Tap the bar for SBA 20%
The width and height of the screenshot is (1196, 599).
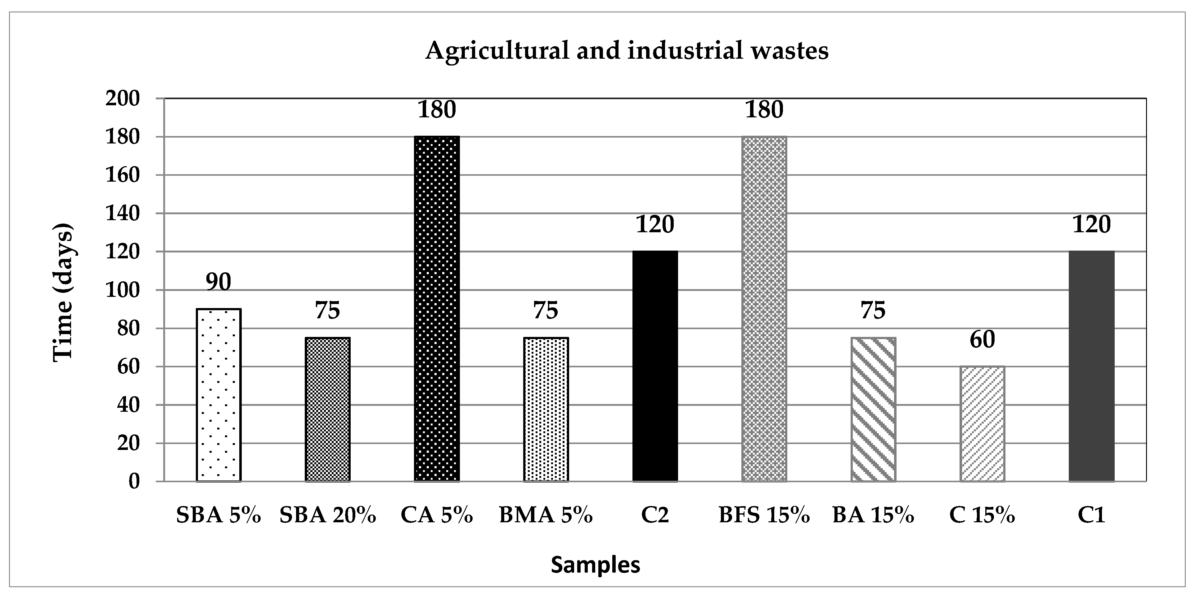(328, 409)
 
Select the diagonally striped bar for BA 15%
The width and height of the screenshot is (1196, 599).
(873, 409)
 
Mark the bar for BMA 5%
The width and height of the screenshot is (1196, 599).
(546, 409)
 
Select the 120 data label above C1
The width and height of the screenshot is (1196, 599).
(1091, 225)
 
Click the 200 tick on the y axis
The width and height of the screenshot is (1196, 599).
(123, 99)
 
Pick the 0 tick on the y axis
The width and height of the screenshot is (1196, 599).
(134, 481)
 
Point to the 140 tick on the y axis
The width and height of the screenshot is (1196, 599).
(123, 214)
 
